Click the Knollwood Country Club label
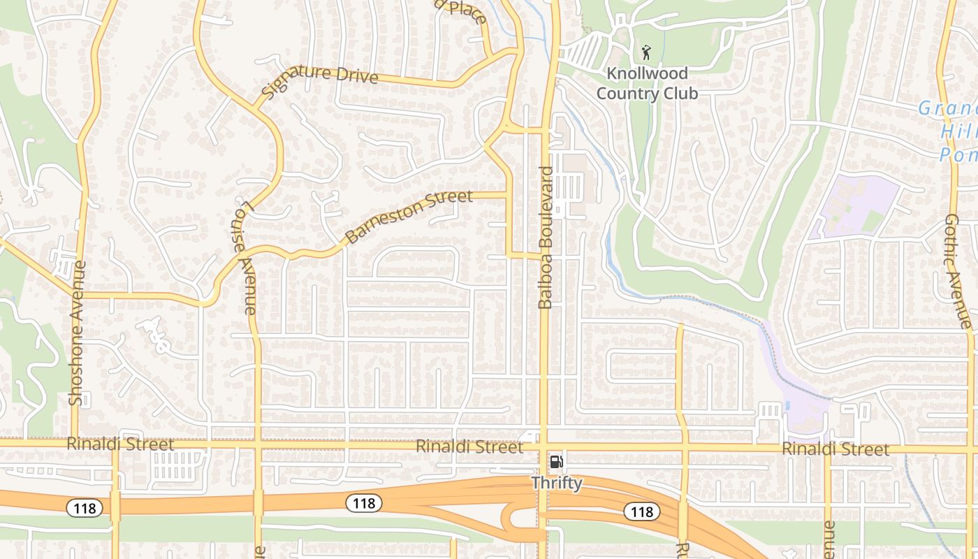tap(647, 83)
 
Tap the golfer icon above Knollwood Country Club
tap(646, 52)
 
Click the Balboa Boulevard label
tap(546, 238)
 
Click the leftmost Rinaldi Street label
tap(120, 444)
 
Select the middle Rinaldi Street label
tap(469, 447)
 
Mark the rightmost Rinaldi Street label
tap(835, 449)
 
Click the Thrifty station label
tap(557, 483)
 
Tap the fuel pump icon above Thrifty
tap(557, 462)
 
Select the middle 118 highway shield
tap(364, 502)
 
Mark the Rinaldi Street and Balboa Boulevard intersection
tap(544, 446)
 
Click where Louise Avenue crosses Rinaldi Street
tap(258, 444)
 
